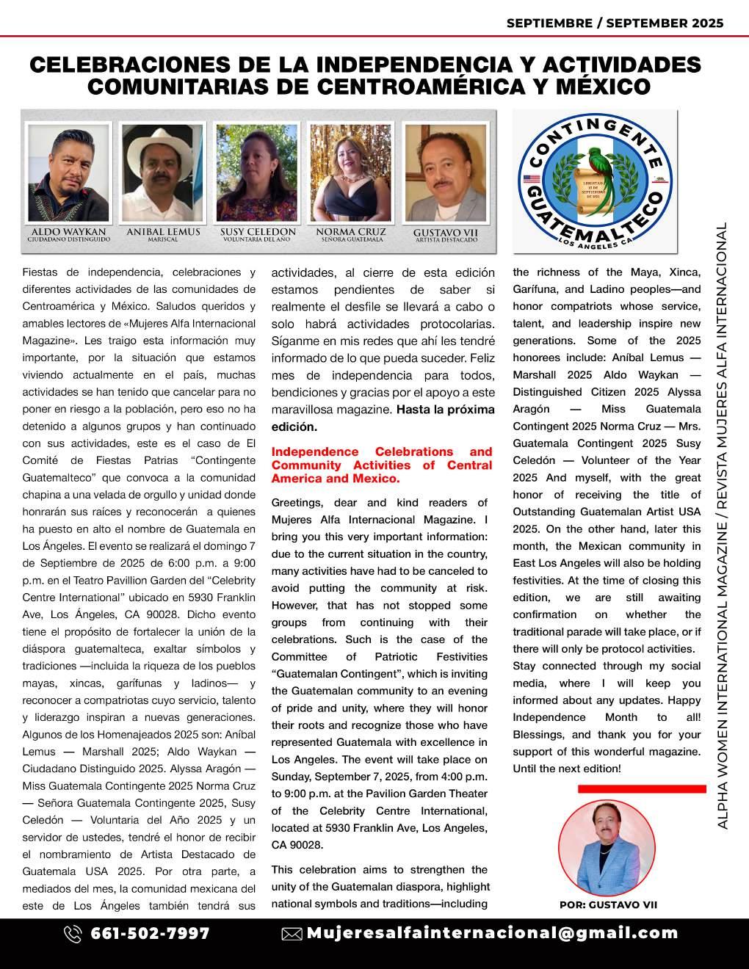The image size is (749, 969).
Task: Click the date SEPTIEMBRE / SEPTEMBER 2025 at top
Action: click(615, 23)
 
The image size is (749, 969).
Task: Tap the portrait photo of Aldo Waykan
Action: click(68, 172)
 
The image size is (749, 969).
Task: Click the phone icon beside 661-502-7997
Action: click(73, 934)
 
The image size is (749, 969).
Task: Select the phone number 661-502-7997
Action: click(150, 934)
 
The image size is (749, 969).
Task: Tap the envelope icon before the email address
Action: click(292, 934)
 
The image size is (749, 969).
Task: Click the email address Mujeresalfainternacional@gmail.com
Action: click(492, 933)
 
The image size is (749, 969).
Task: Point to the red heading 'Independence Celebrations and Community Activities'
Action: click(382, 465)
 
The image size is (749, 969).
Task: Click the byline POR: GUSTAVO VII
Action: click(608, 905)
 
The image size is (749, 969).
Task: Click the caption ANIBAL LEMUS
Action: click(163, 232)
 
